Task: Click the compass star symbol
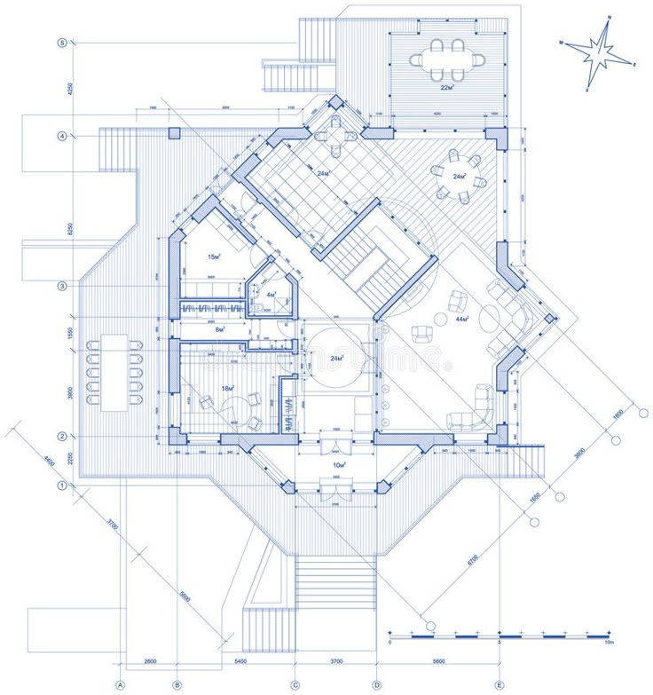[x=599, y=52]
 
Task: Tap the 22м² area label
[x=446, y=87]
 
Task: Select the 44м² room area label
[x=461, y=317]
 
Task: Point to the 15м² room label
[x=214, y=257]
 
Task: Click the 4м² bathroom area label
[x=271, y=293]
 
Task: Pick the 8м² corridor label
[x=220, y=329]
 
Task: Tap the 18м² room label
[x=226, y=388]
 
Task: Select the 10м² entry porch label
[x=337, y=464]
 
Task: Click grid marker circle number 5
[x=62, y=43]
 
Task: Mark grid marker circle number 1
[x=62, y=486]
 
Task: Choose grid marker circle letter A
[x=121, y=683]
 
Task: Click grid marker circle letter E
[x=500, y=683]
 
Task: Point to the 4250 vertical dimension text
[x=67, y=89]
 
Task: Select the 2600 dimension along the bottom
[x=149, y=662]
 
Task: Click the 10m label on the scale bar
[x=609, y=643]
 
